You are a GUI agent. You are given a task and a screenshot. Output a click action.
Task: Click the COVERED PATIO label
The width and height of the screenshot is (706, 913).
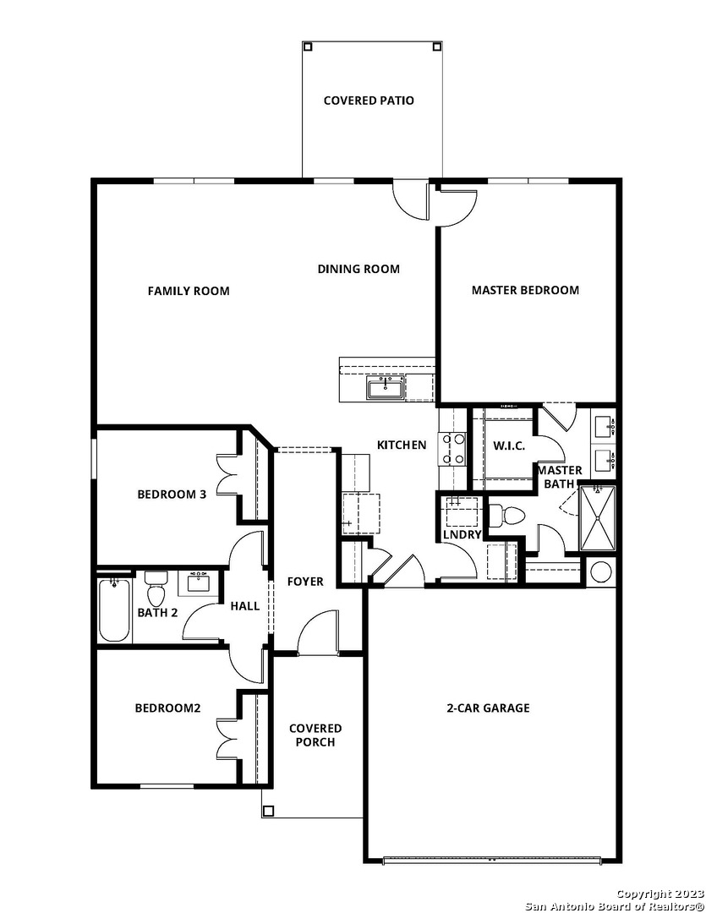(x=369, y=101)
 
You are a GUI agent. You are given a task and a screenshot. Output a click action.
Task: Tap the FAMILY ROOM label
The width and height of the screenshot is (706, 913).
(x=189, y=291)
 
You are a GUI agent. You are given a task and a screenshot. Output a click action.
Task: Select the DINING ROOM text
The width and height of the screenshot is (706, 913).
(x=358, y=269)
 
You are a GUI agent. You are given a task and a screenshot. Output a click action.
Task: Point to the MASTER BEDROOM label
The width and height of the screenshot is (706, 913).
(x=525, y=290)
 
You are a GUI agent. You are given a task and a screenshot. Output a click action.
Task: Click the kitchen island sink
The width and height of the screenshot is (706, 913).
(x=385, y=388)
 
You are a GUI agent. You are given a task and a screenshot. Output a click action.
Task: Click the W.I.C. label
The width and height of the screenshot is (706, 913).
(x=509, y=446)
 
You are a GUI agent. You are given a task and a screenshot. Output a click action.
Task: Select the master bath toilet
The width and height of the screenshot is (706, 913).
(x=506, y=516)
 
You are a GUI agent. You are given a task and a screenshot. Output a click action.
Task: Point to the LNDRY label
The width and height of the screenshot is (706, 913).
(x=462, y=534)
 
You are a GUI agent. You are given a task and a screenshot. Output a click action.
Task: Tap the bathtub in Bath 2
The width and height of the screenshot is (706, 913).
(x=114, y=610)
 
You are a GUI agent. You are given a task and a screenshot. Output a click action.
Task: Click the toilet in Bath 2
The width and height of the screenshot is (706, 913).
(x=156, y=588)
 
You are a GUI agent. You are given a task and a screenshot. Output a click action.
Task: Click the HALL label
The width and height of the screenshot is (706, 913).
(x=245, y=606)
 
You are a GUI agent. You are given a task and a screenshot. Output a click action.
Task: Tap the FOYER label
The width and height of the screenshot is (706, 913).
(x=305, y=582)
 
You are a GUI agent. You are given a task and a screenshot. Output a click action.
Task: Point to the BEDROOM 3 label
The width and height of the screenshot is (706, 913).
(x=172, y=495)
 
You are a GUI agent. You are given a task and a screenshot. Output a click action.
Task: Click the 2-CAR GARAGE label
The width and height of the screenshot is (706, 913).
(x=488, y=708)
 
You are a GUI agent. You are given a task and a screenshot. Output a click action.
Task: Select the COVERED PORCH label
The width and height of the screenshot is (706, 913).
(x=315, y=735)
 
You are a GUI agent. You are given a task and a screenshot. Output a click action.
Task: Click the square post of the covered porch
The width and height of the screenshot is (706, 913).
(x=269, y=811)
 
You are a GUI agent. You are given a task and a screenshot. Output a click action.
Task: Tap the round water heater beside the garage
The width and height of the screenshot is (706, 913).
(x=602, y=571)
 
